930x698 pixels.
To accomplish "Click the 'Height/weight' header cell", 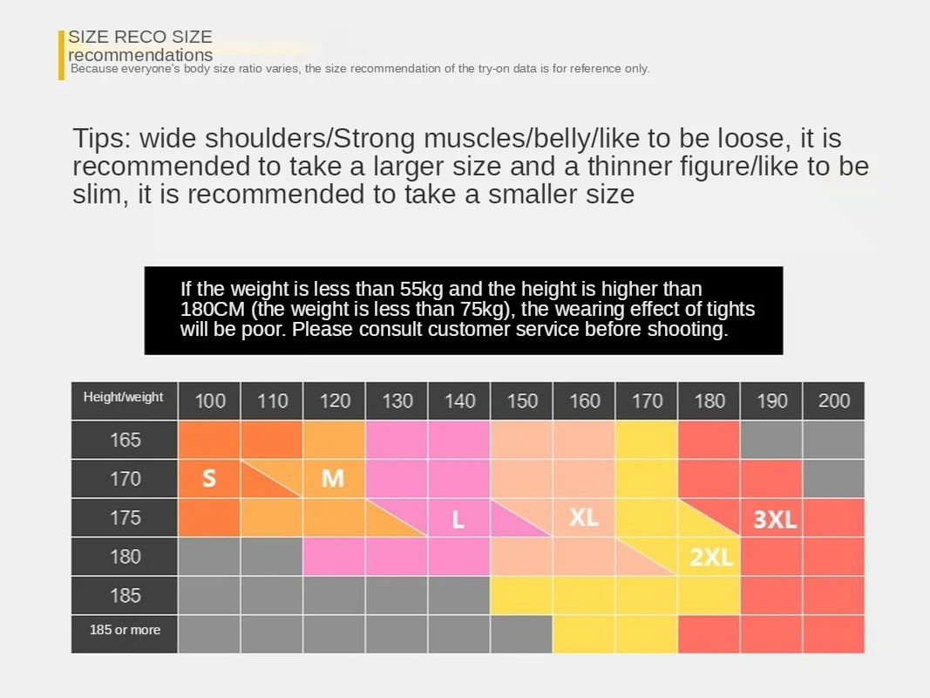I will pyautogui.click(x=124, y=398).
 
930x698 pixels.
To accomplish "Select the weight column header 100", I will pyautogui.click(x=210, y=401).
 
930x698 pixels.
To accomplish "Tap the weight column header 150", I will pyautogui.click(x=522, y=401).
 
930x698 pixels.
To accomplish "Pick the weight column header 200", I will pyautogui.click(x=834, y=401).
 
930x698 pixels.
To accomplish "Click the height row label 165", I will pyautogui.click(x=125, y=440).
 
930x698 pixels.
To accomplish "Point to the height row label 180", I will pyautogui.click(x=125, y=557).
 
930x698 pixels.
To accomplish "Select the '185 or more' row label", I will pyautogui.click(x=125, y=630).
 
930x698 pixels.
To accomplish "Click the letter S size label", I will pyautogui.click(x=209, y=478).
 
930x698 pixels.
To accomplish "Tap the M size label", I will pyautogui.click(x=333, y=478).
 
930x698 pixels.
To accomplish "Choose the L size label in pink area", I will pyautogui.click(x=458, y=520).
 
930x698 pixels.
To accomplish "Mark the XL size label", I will pyautogui.click(x=583, y=517).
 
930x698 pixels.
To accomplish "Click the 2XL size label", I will pyautogui.click(x=711, y=558).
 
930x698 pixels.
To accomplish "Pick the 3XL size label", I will pyautogui.click(x=775, y=520).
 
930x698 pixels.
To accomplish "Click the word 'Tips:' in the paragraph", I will pyautogui.click(x=102, y=139).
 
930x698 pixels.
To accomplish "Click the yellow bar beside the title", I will pyautogui.click(x=62, y=55).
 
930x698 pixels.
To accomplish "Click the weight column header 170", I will pyautogui.click(x=648, y=401).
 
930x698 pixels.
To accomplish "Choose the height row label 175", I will pyautogui.click(x=125, y=517).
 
